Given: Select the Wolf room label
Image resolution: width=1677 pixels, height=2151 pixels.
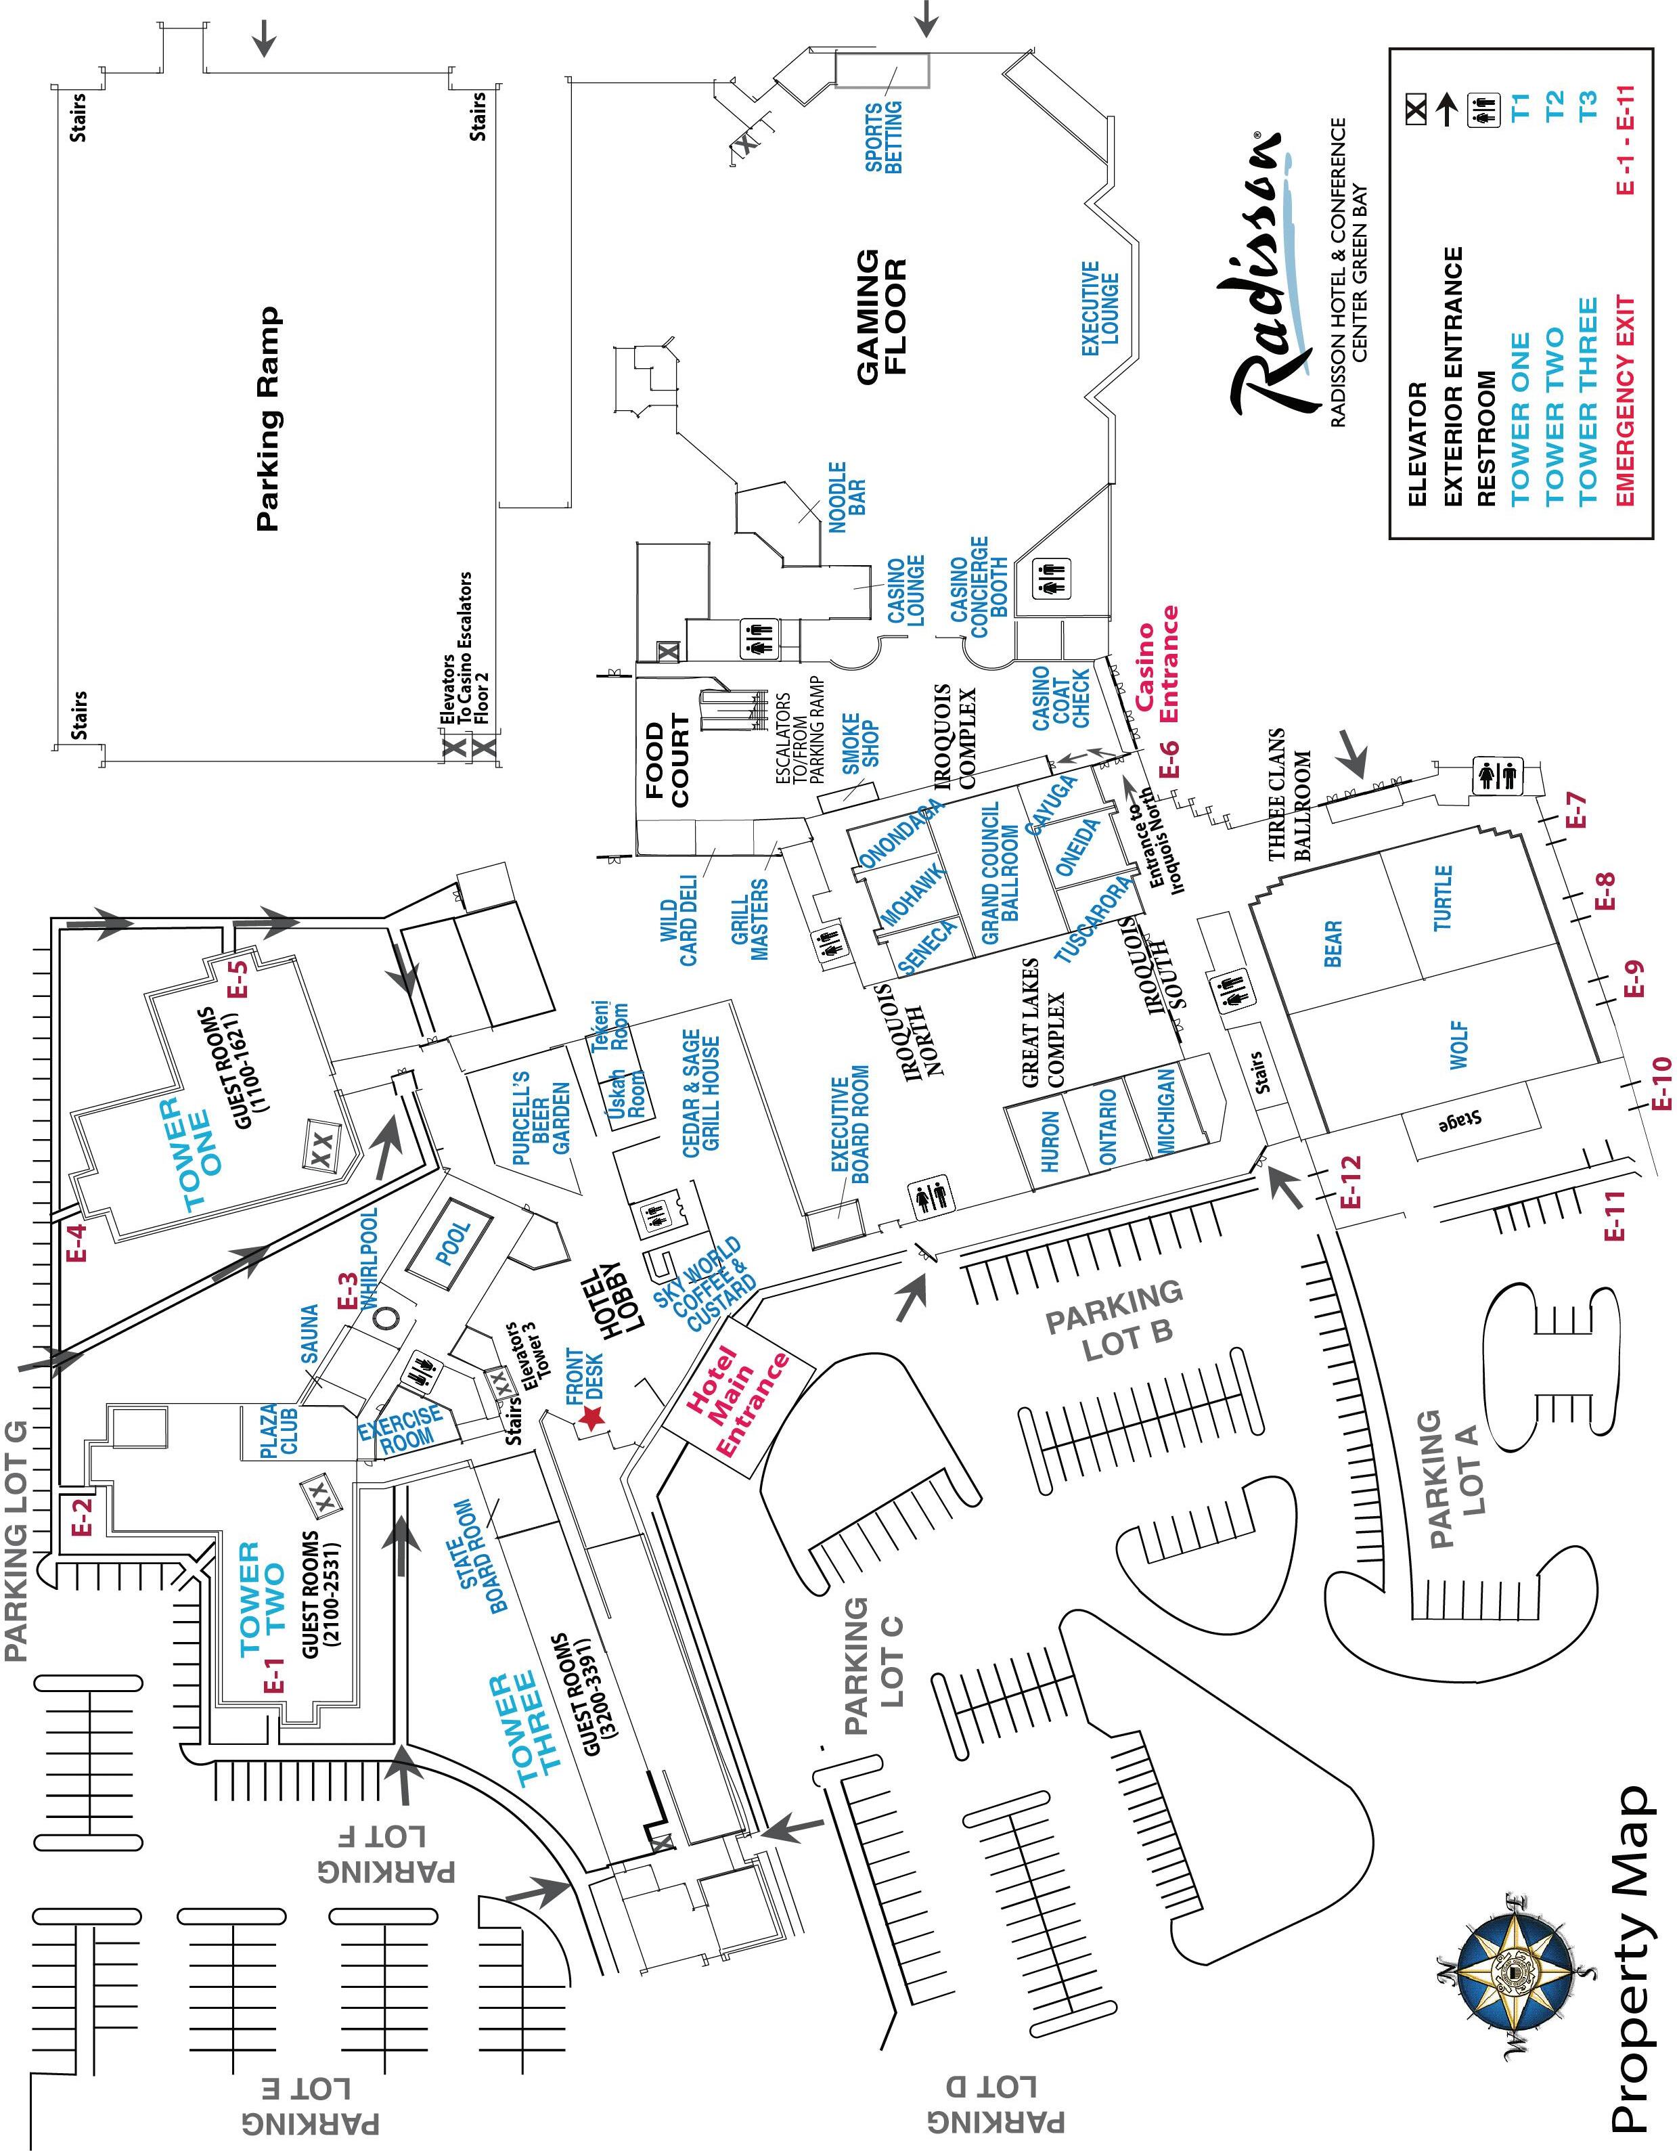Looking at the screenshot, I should coord(1458,1045).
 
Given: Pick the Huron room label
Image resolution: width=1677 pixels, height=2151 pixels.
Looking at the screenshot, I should coord(1049,1141).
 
